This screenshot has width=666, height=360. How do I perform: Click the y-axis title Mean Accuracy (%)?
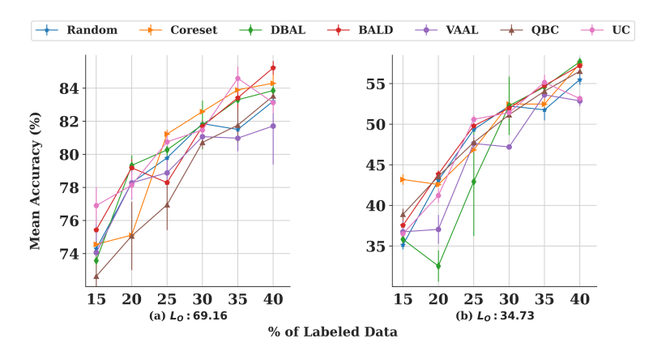[x=35, y=170]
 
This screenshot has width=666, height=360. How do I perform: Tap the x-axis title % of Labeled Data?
[x=333, y=332]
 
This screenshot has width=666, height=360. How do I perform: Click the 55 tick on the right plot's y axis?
[x=374, y=84]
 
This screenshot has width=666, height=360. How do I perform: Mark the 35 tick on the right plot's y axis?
[x=374, y=246]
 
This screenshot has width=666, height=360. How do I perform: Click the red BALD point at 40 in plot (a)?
[x=274, y=67]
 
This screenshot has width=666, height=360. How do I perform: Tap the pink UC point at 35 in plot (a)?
[x=238, y=79]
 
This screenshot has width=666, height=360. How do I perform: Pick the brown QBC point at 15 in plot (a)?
[x=96, y=276]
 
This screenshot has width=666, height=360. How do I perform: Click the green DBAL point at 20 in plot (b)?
[x=438, y=266]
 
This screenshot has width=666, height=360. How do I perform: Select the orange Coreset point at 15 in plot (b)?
[x=403, y=179]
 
